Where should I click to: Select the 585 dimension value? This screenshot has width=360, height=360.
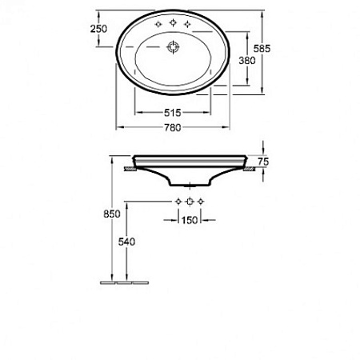pos(273,49)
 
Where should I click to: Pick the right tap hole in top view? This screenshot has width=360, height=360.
pos(188,26)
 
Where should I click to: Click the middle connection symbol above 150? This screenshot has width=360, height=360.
pos(190,200)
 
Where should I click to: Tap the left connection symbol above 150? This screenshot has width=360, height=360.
pos(178,200)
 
